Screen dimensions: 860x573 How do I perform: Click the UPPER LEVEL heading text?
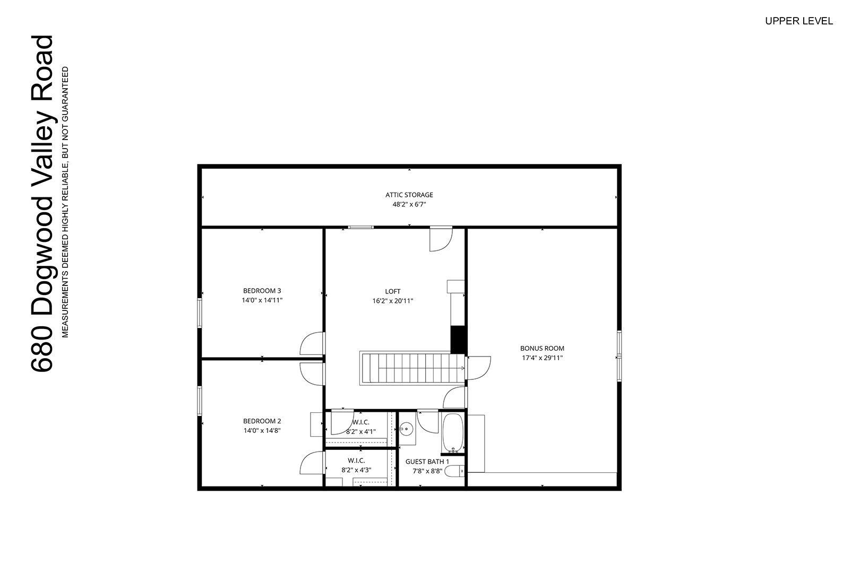[x=799, y=21]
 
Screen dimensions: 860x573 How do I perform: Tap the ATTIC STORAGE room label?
[x=409, y=195]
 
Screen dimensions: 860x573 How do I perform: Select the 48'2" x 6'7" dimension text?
[x=409, y=205]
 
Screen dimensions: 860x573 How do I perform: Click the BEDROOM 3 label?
[x=262, y=291]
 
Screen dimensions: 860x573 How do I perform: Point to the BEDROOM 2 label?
[x=262, y=421]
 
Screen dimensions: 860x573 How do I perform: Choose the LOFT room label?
[x=393, y=292]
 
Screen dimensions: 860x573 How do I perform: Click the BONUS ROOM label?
[x=542, y=349]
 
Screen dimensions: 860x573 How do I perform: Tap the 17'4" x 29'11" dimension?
[x=542, y=358]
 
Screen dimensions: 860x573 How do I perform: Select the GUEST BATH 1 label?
[x=427, y=462]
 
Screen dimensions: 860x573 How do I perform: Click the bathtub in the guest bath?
[x=453, y=433]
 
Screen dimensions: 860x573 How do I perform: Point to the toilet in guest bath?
[x=454, y=471]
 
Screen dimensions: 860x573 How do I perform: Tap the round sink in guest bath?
[x=406, y=429]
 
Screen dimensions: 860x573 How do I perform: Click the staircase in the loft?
[x=413, y=368]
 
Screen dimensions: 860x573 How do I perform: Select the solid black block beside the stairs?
[x=458, y=340]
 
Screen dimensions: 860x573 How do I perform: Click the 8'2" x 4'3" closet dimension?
[x=356, y=470]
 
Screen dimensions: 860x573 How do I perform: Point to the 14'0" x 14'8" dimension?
[x=262, y=431]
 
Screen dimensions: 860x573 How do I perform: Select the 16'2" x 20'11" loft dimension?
[x=393, y=301]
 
